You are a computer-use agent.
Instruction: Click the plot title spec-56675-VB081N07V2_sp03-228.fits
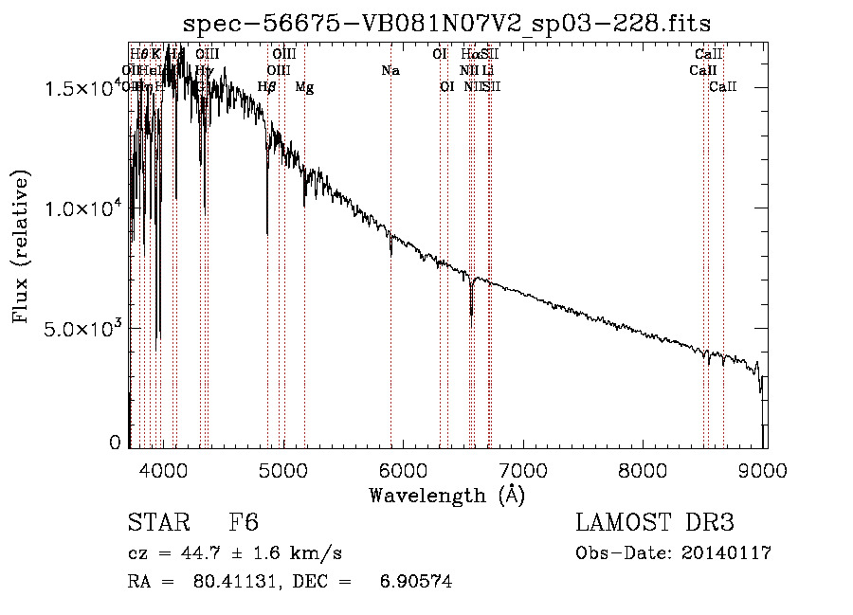point(446,22)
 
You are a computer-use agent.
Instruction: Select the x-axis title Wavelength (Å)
point(446,494)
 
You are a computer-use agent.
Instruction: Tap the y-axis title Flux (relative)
point(21,245)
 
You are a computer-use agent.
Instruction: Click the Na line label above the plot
point(390,70)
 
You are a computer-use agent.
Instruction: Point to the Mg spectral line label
point(304,87)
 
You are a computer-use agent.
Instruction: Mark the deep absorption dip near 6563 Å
point(471,313)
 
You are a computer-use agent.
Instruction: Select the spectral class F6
point(244,523)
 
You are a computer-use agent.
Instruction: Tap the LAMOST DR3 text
point(655,523)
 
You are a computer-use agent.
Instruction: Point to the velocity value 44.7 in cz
point(191,553)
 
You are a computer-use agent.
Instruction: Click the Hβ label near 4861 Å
point(267,87)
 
